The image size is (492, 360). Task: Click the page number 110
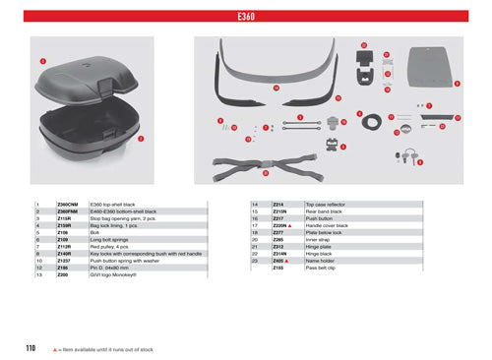31,348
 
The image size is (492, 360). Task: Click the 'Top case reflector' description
326,204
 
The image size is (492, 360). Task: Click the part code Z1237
66,259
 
